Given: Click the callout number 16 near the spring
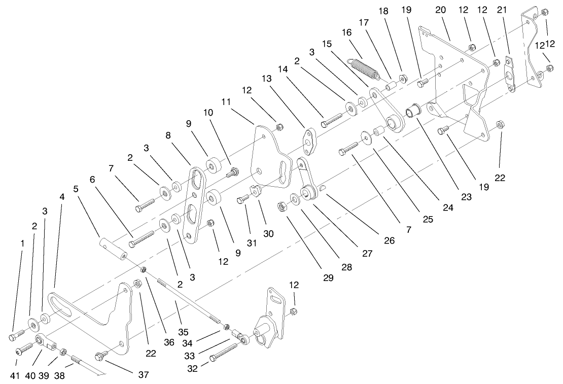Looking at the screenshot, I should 347,32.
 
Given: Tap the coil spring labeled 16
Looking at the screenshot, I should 363,69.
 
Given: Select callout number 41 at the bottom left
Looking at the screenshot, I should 15,376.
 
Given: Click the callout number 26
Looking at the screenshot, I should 389,241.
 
